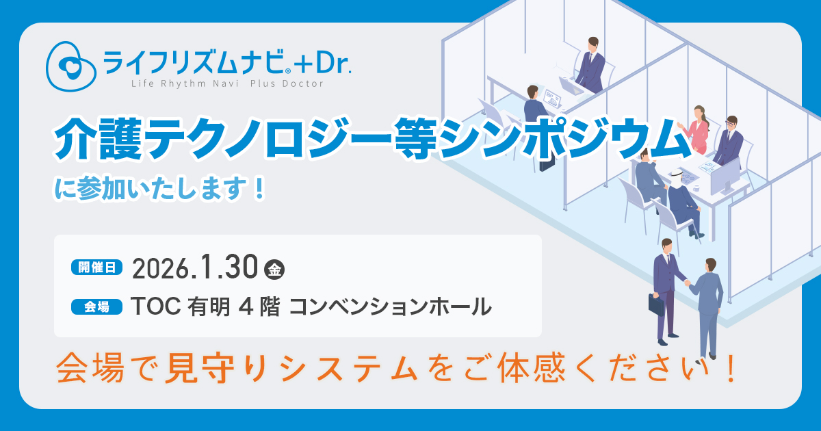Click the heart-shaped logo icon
(x=71, y=66)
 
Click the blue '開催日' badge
(x=96, y=267)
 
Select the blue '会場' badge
(x=96, y=306)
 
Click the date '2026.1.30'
(x=195, y=267)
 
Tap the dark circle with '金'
(x=274, y=270)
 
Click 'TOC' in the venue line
(x=156, y=306)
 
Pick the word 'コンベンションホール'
(x=391, y=306)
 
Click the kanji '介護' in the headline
(x=99, y=139)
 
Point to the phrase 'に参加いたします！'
(x=160, y=188)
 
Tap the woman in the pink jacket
(x=696, y=129)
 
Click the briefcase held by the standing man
(x=656, y=304)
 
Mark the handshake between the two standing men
(x=687, y=283)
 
